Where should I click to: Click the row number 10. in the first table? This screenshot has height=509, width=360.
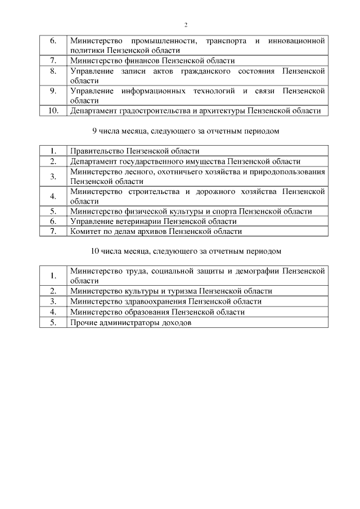53,111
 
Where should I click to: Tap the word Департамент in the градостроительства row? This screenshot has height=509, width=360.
93,111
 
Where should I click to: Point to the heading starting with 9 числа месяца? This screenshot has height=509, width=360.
186,131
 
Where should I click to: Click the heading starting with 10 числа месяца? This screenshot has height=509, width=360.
186,250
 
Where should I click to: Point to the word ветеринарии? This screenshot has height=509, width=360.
136,221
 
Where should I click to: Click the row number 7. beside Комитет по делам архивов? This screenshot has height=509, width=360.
53,231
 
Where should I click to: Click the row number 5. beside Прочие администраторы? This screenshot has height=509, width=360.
53,322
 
